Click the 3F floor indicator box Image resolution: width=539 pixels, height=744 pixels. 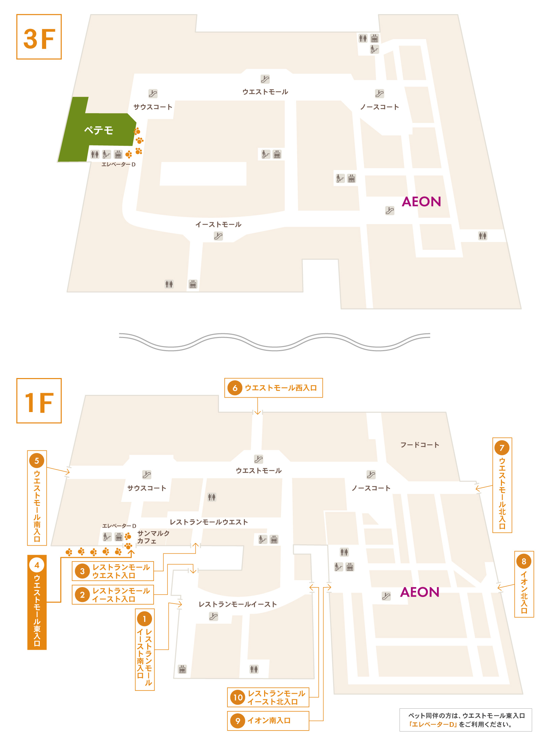tap(39, 37)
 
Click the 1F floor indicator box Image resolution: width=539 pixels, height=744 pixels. tap(39, 401)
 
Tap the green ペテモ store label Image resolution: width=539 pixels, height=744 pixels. tap(98, 130)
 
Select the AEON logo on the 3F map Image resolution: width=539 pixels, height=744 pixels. tap(421, 202)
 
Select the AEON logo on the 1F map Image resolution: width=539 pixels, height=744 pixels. tap(420, 592)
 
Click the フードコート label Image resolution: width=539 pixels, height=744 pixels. tap(420, 445)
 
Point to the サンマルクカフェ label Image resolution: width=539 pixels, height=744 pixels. tap(153, 537)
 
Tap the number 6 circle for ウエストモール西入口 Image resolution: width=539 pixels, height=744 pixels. tap(235, 388)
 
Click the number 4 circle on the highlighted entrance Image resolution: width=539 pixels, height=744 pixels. tap(37, 565)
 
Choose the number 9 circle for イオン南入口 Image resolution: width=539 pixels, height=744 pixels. tap(238, 721)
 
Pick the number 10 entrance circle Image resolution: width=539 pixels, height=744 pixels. tap(238, 697)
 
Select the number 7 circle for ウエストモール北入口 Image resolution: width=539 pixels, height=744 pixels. tap(502, 448)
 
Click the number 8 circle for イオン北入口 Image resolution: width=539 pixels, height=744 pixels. tap(524, 561)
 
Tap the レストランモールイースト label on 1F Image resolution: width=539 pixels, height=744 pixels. tap(238, 604)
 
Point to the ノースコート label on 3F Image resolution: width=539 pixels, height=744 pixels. tap(380, 107)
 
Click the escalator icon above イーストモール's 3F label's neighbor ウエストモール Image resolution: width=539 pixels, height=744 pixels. tap(265, 79)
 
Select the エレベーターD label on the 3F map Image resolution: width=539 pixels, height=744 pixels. tap(119, 164)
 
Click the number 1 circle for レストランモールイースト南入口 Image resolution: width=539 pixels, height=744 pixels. tap(145, 619)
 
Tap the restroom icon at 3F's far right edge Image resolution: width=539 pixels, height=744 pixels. tap(483, 236)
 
